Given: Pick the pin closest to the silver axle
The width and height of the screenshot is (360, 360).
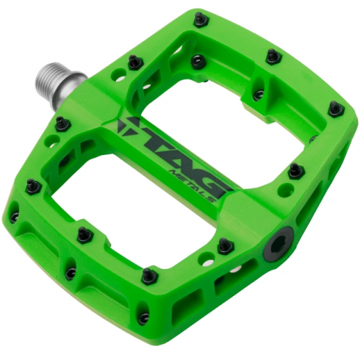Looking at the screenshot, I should [x=134, y=62].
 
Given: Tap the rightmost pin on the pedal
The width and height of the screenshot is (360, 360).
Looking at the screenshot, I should [x=336, y=109].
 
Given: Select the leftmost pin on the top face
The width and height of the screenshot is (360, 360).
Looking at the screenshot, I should [x=32, y=186].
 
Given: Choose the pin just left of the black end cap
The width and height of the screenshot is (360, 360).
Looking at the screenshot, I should [x=225, y=245].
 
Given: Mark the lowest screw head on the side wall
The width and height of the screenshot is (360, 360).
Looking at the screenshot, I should [x=143, y=317].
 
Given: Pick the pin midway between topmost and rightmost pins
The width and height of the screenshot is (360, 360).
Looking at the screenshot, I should [x=273, y=56].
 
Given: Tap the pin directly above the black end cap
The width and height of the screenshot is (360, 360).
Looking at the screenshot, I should [x=295, y=170].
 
